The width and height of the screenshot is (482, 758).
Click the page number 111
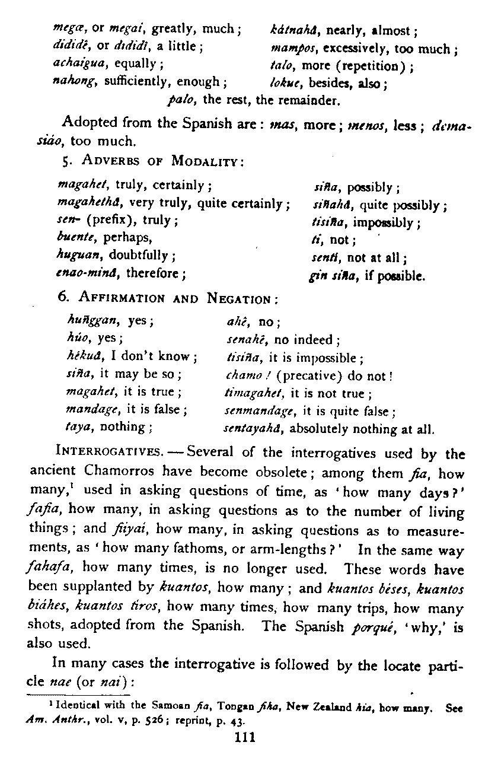[244, 737]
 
